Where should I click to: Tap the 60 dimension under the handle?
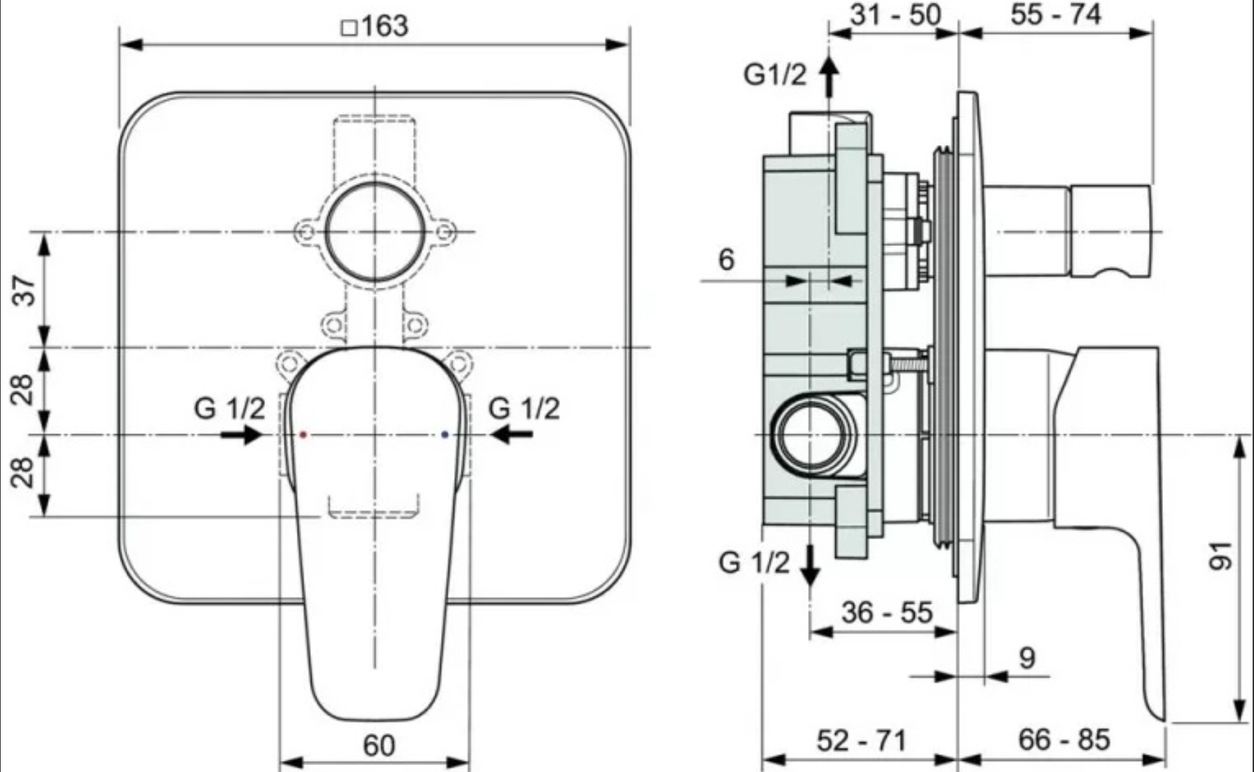click(x=379, y=746)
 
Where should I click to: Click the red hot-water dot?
click(x=303, y=435)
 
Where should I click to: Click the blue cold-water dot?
click(x=445, y=435)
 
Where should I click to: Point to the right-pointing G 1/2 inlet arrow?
click(x=241, y=435)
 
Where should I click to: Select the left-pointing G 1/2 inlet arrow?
click(x=511, y=435)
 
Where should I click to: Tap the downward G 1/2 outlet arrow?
click(x=810, y=567)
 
